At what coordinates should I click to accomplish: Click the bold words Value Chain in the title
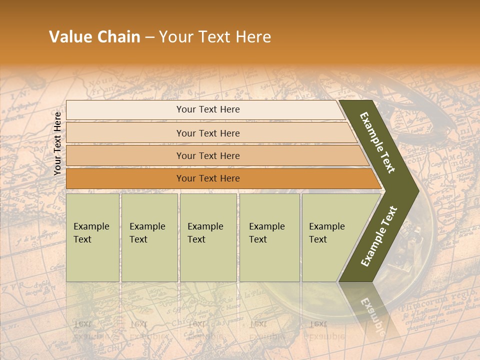(x=94, y=37)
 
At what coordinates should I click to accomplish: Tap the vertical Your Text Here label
(x=57, y=143)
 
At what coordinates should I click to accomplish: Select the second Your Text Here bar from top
(x=208, y=133)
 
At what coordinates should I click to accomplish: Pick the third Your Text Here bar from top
(x=208, y=155)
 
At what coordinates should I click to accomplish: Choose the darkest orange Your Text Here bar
(x=208, y=178)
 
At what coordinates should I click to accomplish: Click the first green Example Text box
(x=92, y=237)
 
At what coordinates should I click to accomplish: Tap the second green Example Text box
(x=149, y=237)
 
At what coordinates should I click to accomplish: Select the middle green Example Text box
(x=208, y=237)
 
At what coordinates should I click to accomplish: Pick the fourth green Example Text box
(x=269, y=237)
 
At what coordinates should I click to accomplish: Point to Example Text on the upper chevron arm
(x=377, y=142)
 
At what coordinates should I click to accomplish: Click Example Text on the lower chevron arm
(x=379, y=236)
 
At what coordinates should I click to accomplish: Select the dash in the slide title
(x=149, y=37)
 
